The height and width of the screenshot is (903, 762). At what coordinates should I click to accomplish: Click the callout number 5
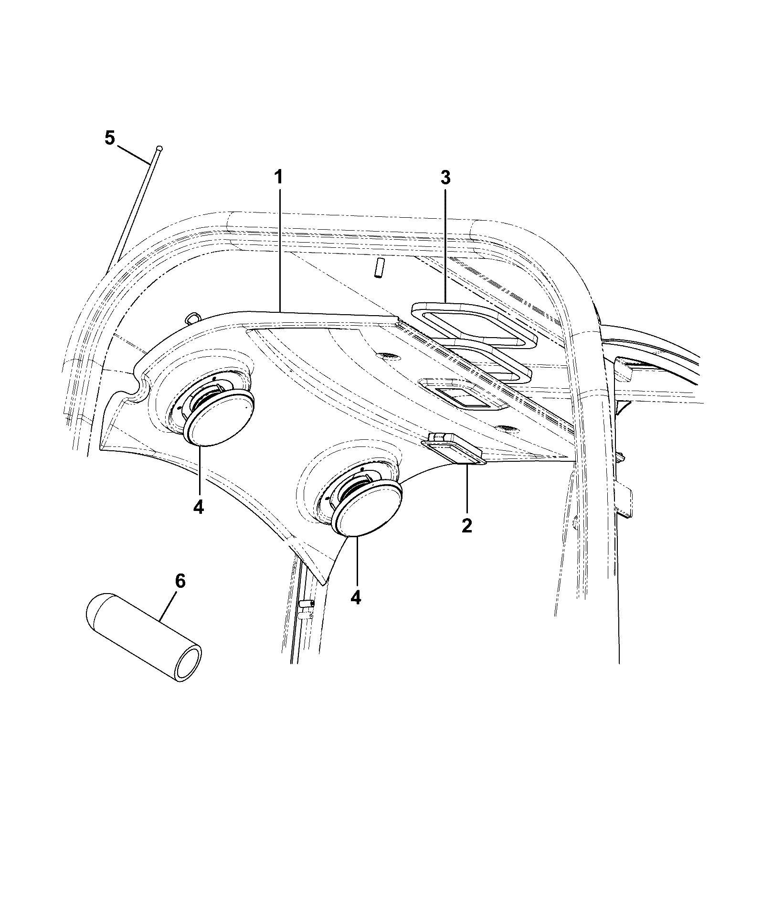tap(110, 138)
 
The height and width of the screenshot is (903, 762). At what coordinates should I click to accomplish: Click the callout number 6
tap(180, 581)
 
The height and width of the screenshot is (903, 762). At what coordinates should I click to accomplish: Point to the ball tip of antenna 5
tap(159, 149)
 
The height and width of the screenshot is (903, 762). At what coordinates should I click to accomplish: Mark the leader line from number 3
tap(445, 245)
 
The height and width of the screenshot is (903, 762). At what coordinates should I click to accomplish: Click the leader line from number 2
tap(467, 489)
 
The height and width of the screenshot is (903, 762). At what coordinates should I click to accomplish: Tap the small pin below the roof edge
tap(379, 268)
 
